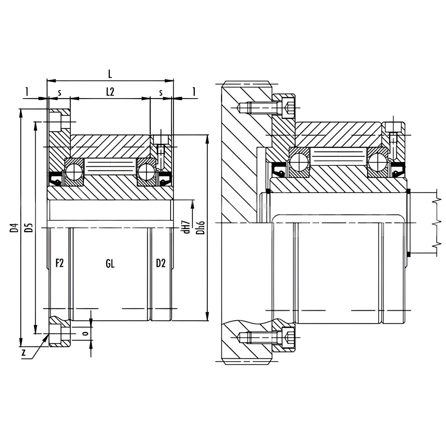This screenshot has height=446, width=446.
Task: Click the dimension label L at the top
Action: [x=110, y=74]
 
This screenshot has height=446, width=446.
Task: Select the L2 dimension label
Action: [x=110, y=92]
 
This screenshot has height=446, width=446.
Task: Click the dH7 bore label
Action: [x=187, y=227]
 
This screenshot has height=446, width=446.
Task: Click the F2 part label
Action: [x=60, y=263]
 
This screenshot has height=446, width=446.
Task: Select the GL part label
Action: [x=110, y=264]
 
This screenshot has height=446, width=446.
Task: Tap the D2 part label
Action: [x=161, y=263]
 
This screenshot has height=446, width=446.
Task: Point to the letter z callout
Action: [x=23, y=353]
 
